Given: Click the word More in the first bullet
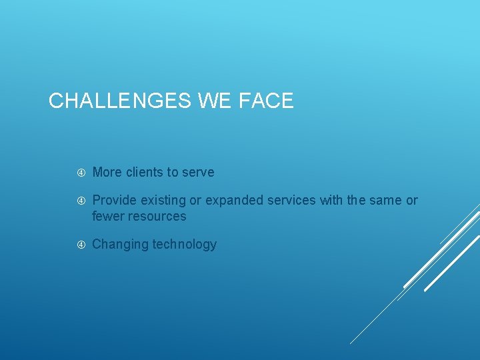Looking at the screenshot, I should coord(107,172).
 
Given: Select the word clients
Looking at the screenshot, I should coord(144,172).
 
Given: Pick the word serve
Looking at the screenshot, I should coord(199,172).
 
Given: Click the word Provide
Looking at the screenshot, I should coord(113,200).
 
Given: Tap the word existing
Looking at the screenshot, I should coord(161,200).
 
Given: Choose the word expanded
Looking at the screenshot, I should coord(234,200).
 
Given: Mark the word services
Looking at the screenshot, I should coord(292,200).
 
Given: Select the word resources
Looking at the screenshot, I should coord(157,216).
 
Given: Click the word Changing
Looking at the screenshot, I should coord(120,244).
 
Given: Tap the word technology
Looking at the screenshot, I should coord(185,244).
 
